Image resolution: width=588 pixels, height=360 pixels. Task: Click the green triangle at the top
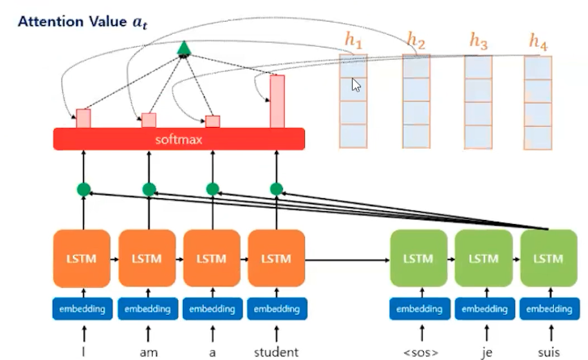pyautogui.click(x=184, y=49)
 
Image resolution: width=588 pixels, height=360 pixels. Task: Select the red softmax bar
pyautogui.click(x=179, y=139)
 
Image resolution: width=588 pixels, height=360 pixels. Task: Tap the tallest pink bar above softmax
pyautogui.click(x=277, y=102)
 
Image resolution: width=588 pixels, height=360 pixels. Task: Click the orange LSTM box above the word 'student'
pyautogui.click(x=277, y=258)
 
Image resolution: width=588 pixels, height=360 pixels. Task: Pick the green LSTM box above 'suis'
pyautogui.click(x=548, y=258)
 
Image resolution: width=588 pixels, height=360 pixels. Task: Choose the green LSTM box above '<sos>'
pyautogui.click(x=418, y=258)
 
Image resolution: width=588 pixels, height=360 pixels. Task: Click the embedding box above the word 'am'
pyautogui.click(x=148, y=309)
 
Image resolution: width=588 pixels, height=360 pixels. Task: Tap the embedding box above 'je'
pyautogui.click(x=484, y=309)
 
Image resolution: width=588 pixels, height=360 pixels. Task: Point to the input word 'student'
pyautogui.click(x=277, y=353)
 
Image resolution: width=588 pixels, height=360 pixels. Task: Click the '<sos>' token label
pyautogui.click(x=421, y=353)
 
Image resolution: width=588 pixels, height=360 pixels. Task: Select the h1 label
pyautogui.click(x=353, y=40)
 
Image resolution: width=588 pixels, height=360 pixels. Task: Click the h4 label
pyautogui.click(x=538, y=41)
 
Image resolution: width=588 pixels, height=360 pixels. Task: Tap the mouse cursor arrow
pyautogui.click(x=356, y=85)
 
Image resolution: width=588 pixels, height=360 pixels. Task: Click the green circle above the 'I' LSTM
pyautogui.click(x=83, y=189)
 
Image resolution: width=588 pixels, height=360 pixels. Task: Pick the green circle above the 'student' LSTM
pyautogui.click(x=277, y=189)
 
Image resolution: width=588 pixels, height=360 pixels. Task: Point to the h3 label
pyautogui.click(x=479, y=41)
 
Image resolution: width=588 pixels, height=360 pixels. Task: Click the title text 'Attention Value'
pyautogui.click(x=72, y=21)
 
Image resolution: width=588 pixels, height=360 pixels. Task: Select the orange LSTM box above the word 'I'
pyautogui.click(x=82, y=258)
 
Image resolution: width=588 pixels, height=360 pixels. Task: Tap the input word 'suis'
pyautogui.click(x=549, y=353)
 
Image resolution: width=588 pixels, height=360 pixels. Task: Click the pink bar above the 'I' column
pyautogui.click(x=83, y=118)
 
